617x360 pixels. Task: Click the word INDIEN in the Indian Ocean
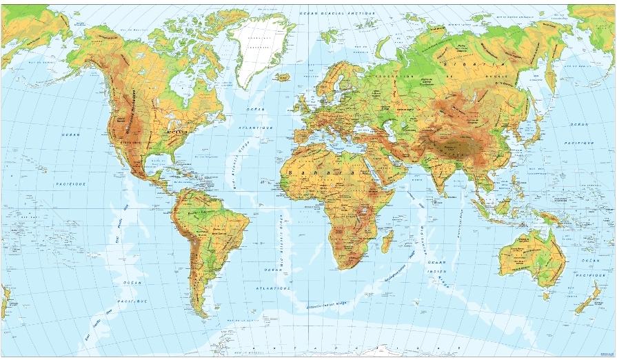click(435, 271)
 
